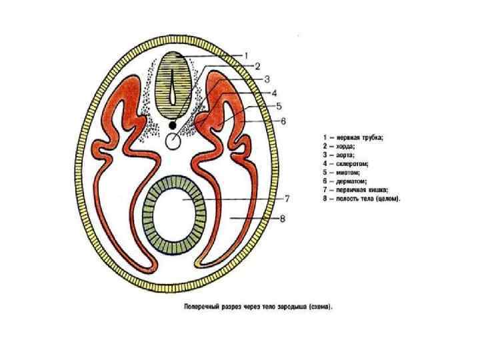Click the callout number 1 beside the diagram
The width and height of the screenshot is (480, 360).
246,55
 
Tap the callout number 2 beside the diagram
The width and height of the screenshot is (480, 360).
256,66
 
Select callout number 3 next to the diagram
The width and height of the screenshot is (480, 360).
267,77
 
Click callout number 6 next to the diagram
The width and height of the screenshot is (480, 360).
283,121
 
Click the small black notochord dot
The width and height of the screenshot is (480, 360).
173,125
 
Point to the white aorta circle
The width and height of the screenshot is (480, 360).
174,141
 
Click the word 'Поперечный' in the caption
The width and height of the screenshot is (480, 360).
202,307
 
